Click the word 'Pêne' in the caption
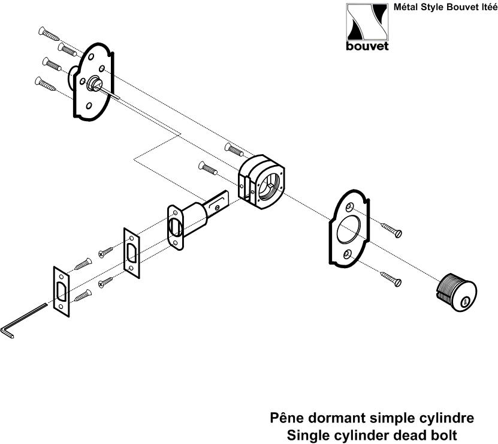(292, 417)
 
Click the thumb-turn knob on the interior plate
(94, 83)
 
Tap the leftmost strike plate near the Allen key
(61, 292)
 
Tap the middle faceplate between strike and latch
(131, 251)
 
